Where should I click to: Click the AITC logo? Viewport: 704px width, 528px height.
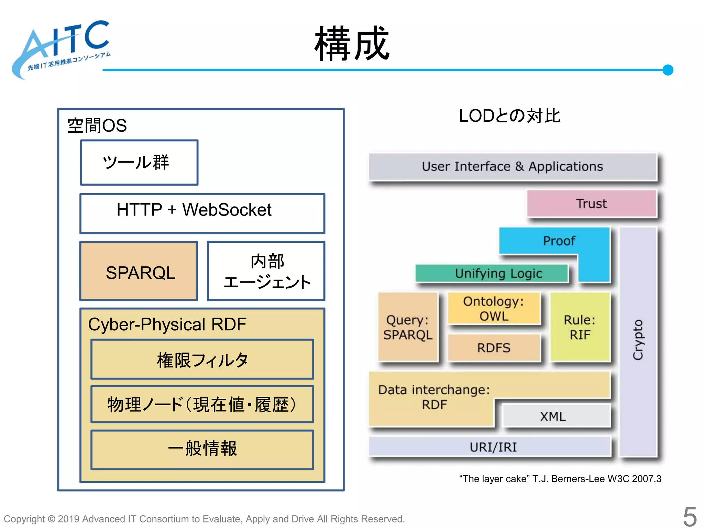62,48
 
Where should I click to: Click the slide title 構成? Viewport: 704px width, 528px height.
352,44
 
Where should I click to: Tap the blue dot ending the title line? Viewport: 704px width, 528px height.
668,70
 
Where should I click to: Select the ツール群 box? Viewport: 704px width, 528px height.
139,162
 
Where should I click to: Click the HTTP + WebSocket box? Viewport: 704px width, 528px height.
202,213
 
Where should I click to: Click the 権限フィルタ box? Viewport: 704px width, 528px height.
202,360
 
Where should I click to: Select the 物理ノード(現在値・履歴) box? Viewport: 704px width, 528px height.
202,404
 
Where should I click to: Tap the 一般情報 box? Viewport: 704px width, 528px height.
202,449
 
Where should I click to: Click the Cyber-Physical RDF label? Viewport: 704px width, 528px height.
167,324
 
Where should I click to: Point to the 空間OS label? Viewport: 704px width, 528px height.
97,125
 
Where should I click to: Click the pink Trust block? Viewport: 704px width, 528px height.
591,203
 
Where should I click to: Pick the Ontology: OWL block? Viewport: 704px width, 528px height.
494,309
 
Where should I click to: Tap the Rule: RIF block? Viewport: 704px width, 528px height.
580,327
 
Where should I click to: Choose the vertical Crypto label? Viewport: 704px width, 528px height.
638,340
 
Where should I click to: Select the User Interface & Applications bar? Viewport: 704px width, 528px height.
512,167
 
